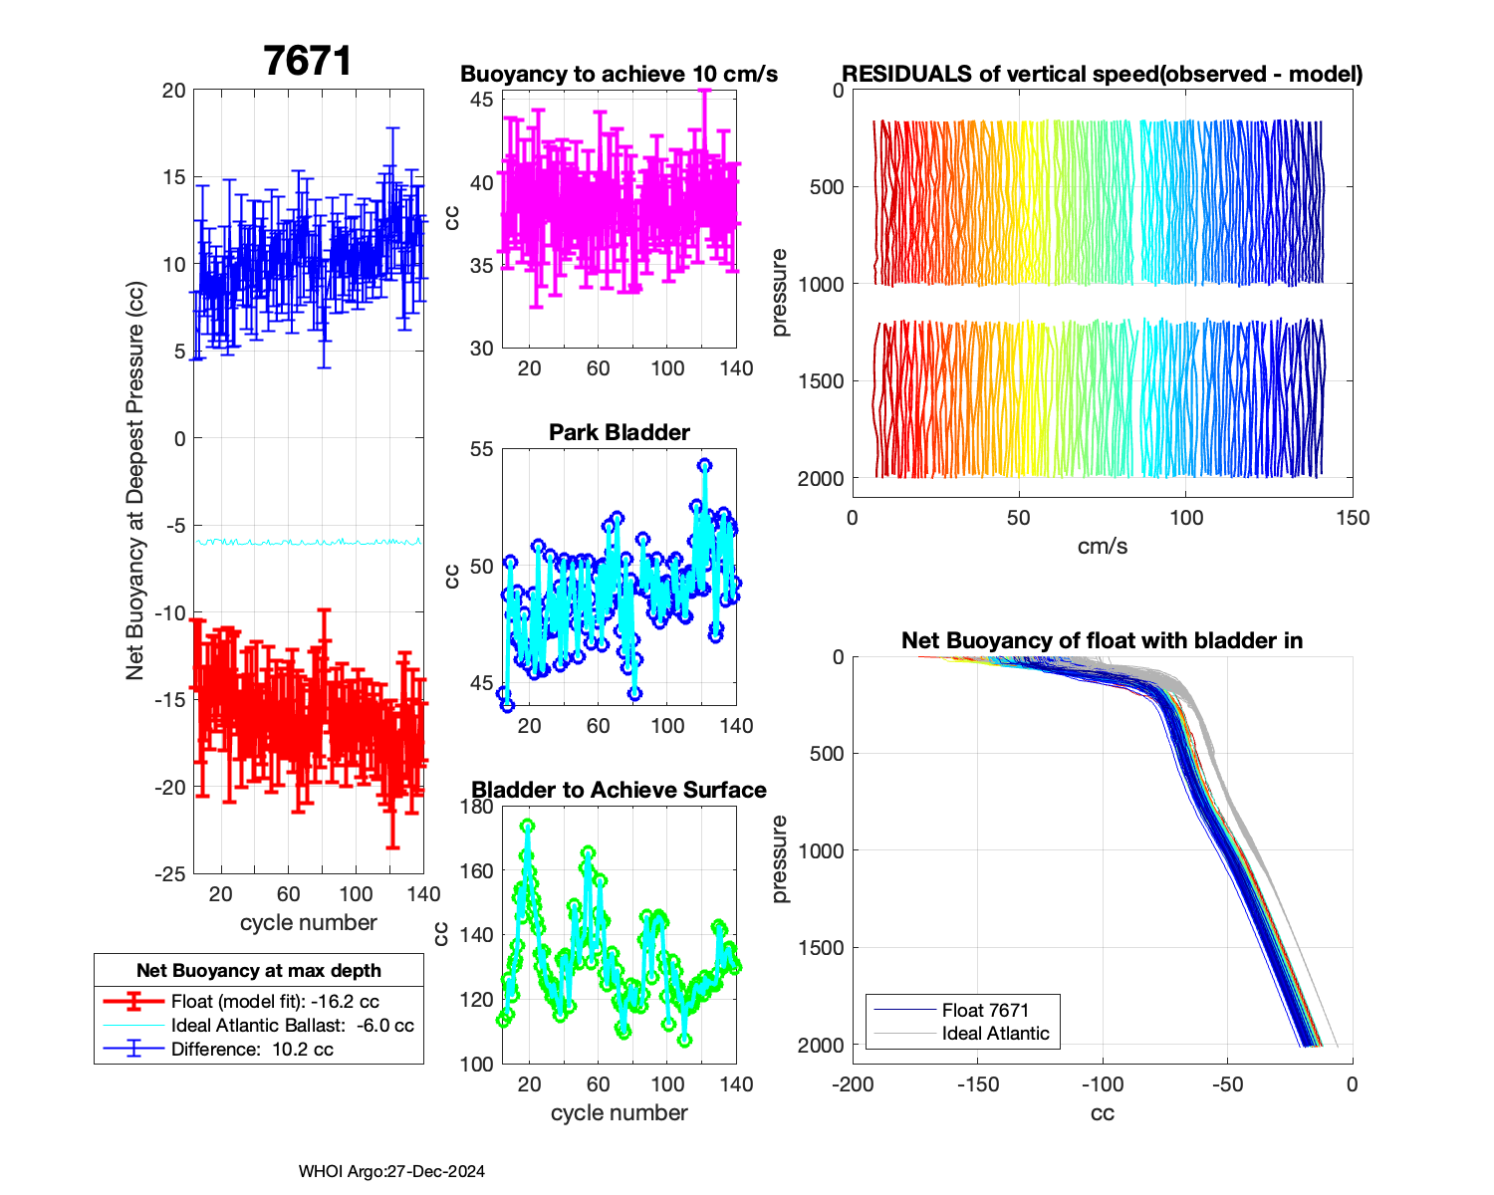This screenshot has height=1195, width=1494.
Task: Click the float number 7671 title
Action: click(x=308, y=62)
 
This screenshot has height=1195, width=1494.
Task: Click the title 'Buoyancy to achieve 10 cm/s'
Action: click(x=619, y=75)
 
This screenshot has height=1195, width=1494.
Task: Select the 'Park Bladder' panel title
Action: click(x=620, y=432)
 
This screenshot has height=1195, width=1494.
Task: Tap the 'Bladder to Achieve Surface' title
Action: click(x=619, y=790)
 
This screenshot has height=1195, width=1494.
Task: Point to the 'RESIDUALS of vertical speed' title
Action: click(x=1102, y=75)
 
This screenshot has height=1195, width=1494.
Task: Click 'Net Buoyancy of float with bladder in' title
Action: click(x=1102, y=640)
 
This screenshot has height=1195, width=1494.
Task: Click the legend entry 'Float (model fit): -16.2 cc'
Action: click(x=275, y=1002)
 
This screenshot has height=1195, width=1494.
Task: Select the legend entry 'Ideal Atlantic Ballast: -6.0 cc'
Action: click(x=292, y=1026)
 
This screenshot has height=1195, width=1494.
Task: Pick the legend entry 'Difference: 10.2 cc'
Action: click(x=252, y=1050)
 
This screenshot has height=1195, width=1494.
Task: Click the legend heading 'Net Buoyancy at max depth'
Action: click(x=259, y=971)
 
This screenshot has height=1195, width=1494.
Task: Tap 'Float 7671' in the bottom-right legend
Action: click(x=985, y=1011)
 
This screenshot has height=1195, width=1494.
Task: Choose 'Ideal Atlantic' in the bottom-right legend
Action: click(x=995, y=1034)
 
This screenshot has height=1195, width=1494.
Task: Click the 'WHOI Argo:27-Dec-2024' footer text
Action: click(x=391, y=1172)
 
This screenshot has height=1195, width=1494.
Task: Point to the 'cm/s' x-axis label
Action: click(x=1102, y=547)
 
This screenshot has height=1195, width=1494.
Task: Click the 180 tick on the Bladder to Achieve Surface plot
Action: click(x=477, y=807)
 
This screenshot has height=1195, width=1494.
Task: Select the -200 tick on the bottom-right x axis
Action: click(x=853, y=1084)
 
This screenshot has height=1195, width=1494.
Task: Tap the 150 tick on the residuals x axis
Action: click(x=1352, y=518)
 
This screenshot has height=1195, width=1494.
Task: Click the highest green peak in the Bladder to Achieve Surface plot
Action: click(x=527, y=827)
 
